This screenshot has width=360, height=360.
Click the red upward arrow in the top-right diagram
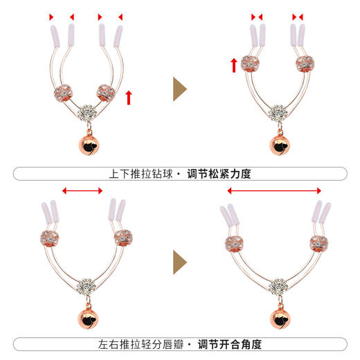234,66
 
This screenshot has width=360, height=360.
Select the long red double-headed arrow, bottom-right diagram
274,190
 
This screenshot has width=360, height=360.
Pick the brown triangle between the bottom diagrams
179,261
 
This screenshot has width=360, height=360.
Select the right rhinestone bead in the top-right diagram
305,64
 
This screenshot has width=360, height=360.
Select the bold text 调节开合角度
219,344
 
